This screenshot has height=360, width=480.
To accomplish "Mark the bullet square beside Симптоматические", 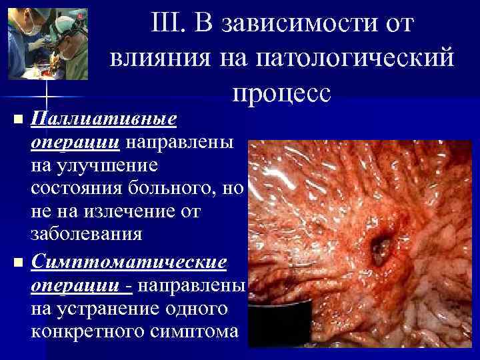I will coord(17,261).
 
